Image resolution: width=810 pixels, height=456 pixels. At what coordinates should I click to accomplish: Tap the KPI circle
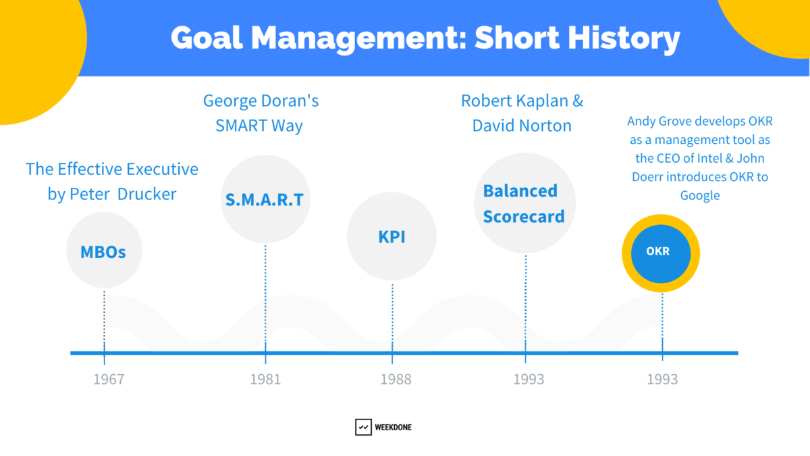[391, 237]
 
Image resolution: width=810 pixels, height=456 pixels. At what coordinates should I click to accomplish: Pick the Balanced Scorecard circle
[524, 204]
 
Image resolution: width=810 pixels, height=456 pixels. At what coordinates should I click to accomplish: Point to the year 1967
[109, 379]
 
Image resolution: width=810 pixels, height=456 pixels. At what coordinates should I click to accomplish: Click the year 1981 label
[265, 379]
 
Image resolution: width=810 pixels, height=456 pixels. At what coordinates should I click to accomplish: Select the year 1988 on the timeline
[395, 379]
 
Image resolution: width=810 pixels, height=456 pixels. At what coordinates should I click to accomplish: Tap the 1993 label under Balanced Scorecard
[528, 379]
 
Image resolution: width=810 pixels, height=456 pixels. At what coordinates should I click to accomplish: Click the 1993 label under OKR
[661, 379]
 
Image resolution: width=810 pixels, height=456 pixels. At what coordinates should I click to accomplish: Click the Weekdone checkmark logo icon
[363, 427]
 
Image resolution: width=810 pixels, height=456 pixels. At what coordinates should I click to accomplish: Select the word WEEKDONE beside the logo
[394, 428]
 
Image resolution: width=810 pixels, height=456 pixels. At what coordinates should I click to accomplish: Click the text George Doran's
[261, 101]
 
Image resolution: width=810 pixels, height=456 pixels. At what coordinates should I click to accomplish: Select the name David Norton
[522, 126]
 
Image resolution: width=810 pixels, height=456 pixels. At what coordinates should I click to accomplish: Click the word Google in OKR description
[700, 195]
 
